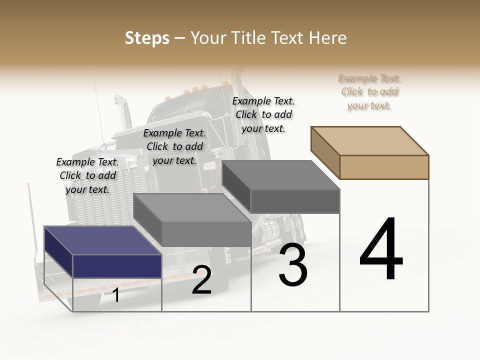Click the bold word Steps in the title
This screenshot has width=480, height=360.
[147, 38]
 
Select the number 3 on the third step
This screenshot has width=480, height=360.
[293, 265]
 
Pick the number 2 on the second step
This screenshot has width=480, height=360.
[201, 280]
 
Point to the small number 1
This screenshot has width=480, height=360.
[116, 295]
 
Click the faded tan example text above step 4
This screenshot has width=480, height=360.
[369, 91]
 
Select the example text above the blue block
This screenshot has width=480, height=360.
[87, 175]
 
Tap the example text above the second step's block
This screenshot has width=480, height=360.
[174, 146]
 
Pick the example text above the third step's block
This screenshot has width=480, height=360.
[263, 114]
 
